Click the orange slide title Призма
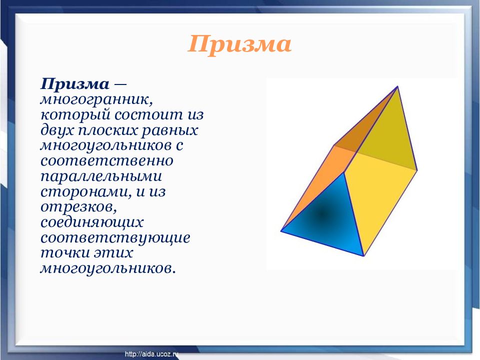pyautogui.click(x=239, y=44)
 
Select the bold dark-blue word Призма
pyautogui.click(x=75, y=84)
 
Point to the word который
pyautogui.click(x=75, y=115)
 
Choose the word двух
pyautogui.click(x=57, y=130)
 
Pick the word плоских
pyautogui.click(x=107, y=130)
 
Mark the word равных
pyautogui.click(x=169, y=130)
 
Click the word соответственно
pyautogui.click(x=107, y=161)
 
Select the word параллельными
pyautogui.click(x=101, y=176)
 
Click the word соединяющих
pyautogui.click(x=92, y=222)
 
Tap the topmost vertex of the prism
pyautogui.click(x=397, y=86)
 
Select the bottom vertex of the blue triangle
pyautogui.click(x=363, y=256)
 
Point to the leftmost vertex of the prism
pyautogui.click(x=281, y=231)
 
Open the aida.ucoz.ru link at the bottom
pyautogui.click(x=151, y=354)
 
